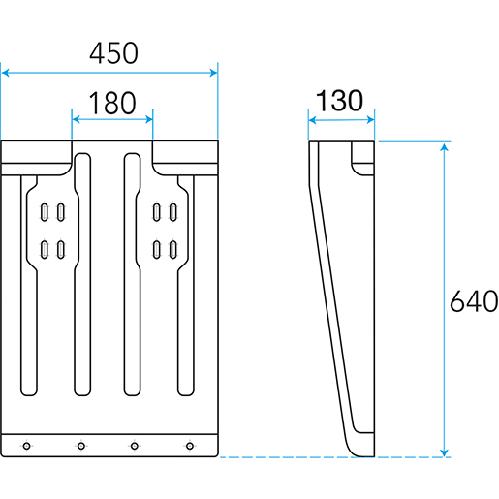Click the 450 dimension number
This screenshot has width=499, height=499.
coord(113,53)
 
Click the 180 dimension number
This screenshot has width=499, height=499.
coord(112,103)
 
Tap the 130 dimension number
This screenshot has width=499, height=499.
coord(339,101)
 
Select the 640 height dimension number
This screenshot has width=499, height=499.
coord(474,301)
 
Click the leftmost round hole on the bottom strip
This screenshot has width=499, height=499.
coord(27,446)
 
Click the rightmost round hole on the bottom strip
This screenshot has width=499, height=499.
coord(190,446)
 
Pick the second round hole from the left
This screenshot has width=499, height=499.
coord(81,446)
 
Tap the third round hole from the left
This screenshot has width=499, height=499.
coord(135,446)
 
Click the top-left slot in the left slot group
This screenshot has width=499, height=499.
coord(45,212)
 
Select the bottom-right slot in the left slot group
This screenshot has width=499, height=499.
coord(61,250)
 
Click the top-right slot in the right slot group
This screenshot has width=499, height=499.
coord(173,212)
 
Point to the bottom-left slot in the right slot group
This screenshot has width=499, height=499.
coord(157,250)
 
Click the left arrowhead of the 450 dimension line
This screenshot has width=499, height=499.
coord(6,73)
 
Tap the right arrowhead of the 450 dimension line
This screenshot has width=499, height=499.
coord(213,73)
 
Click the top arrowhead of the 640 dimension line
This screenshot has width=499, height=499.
coord(445,147)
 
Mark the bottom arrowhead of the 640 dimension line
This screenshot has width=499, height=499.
coord(445,452)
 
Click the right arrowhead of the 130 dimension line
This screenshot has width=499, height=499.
coord(371,120)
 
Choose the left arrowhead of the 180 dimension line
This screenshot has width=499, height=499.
coord(76,119)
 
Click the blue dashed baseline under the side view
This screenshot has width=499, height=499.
coord(334,457)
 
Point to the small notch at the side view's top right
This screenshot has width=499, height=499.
coord(363,158)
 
